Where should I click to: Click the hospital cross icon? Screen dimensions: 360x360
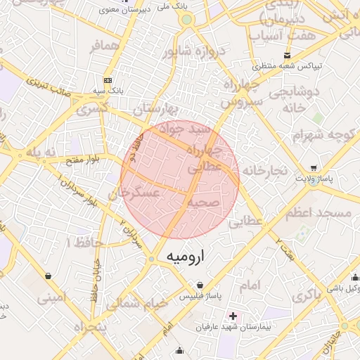[233, 316]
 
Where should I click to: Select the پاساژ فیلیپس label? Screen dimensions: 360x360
[202, 297]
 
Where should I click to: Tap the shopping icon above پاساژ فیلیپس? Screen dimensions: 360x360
[202, 285]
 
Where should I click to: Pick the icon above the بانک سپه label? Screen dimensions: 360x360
[107, 79]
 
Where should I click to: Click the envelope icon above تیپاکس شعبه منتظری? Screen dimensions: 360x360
[286, 55]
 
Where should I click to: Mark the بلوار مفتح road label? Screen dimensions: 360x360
[83, 161]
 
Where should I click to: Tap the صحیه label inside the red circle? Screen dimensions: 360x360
[205, 202]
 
